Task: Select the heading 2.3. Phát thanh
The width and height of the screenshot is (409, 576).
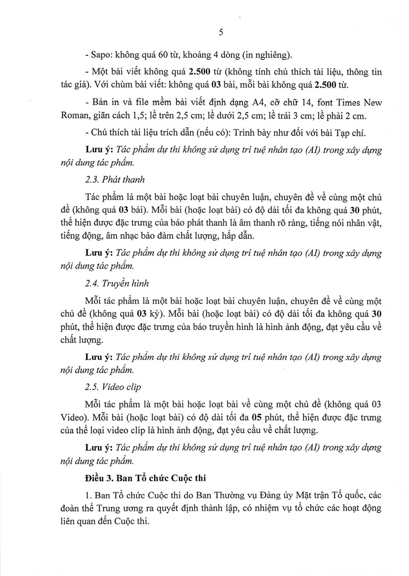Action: point(112,180)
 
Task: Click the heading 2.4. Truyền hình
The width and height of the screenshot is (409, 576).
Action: point(116,283)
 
